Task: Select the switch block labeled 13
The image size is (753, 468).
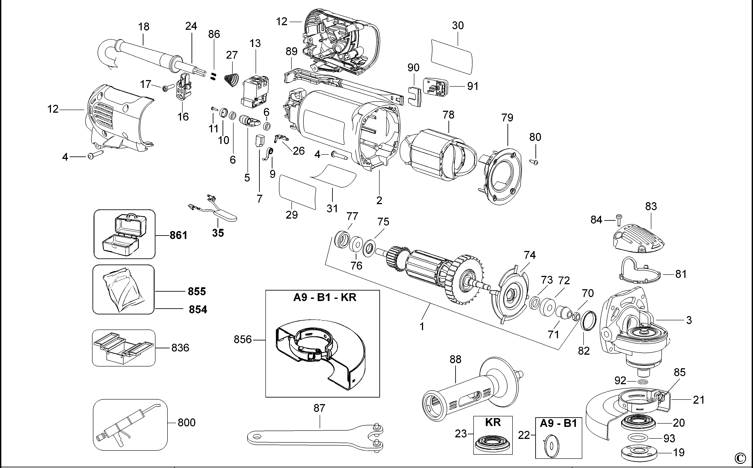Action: click(254, 92)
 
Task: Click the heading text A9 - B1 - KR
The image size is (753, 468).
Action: click(325, 298)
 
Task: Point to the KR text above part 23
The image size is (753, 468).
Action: click(493, 422)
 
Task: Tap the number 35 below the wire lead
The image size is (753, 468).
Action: click(218, 233)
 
